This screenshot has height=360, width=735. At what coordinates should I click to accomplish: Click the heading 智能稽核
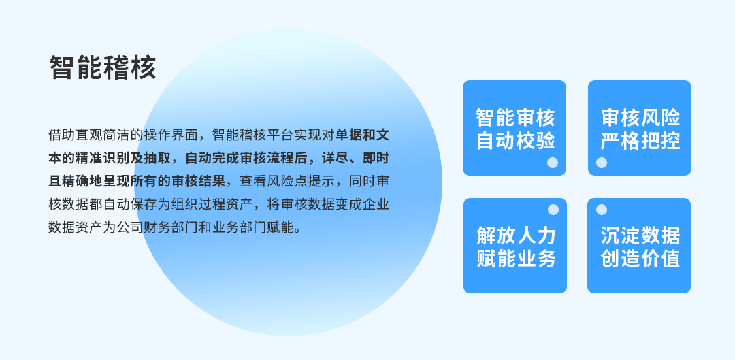[x=103, y=68]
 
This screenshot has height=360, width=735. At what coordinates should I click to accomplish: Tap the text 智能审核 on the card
[x=514, y=117]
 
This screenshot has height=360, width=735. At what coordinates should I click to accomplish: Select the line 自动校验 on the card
[x=514, y=141]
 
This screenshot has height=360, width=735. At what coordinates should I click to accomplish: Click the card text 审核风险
[x=640, y=117]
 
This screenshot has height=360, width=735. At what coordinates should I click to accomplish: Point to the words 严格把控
[x=640, y=141]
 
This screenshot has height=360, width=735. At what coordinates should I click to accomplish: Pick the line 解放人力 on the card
[x=516, y=235]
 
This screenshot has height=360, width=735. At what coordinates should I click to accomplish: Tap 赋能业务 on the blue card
[x=516, y=259]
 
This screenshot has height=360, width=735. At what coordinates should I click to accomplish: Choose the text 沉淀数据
[x=640, y=235]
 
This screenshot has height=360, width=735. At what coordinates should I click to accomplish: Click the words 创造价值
[x=640, y=259]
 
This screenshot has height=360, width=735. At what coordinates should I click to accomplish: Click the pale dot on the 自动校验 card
[x=553, y=163]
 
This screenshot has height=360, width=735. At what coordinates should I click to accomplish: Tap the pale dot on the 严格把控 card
[x=602, y=163]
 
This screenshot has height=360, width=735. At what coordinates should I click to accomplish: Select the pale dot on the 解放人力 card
[x=553, y=210]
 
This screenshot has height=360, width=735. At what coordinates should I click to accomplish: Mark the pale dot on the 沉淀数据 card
[x=602, y=210]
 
